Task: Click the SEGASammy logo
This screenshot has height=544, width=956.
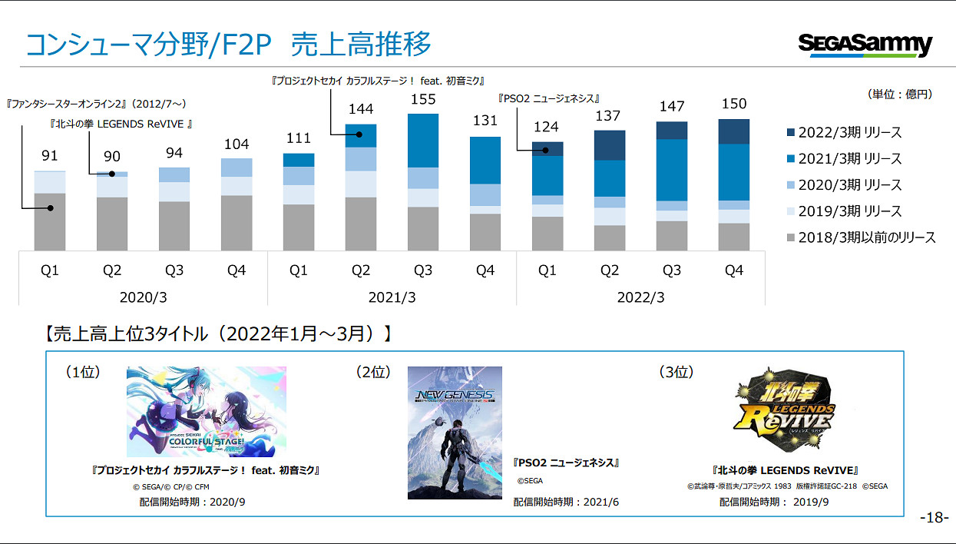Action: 865,45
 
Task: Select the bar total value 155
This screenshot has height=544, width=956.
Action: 423,99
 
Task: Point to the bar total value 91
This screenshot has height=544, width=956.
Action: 50,156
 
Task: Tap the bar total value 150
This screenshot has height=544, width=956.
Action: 734,104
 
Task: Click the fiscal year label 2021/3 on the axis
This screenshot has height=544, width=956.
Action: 392,297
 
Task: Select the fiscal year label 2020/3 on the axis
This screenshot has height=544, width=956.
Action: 143,297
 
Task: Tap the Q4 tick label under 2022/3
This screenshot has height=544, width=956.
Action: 734,270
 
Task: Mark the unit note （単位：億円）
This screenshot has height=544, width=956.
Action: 899,95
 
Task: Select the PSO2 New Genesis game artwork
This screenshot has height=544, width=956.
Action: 455,433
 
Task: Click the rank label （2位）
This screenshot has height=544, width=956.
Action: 373,372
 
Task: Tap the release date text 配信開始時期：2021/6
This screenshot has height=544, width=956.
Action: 566,502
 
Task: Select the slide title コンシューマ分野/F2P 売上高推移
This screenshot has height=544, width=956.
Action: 228,45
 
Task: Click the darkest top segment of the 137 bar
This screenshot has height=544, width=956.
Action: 610,145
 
